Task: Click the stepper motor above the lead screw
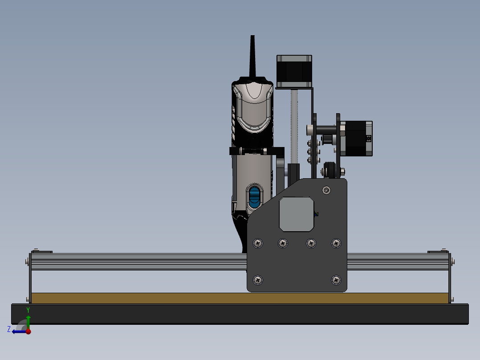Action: pyautogui.click(x=294, y=71)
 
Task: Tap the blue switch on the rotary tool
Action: pyautogui.click(x=254, y=197)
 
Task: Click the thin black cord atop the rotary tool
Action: pyautogui.click(x=252, y=56)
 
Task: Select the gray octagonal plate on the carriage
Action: pyautogui.click(x=297, y=214)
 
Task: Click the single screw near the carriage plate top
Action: pyautogui.click(x=328, y=190)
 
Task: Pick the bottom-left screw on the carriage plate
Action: pyautogui.click(x=258, y=280)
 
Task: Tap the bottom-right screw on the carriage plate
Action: pyautogui.click(x=336, y=280)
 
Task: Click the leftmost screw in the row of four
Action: pyautogui.click(x=258, y=243)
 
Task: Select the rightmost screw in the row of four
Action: pyautogui.click(x=336, y=243)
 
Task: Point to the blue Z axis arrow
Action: pyautogui.click(x=18, y=331)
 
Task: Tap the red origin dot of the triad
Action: pyautogui.click(x=28, y=331)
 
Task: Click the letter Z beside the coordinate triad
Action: pyautogui.click(x=9, y=329)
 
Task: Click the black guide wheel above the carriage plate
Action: pyautogui.click(x=330, y=170)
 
